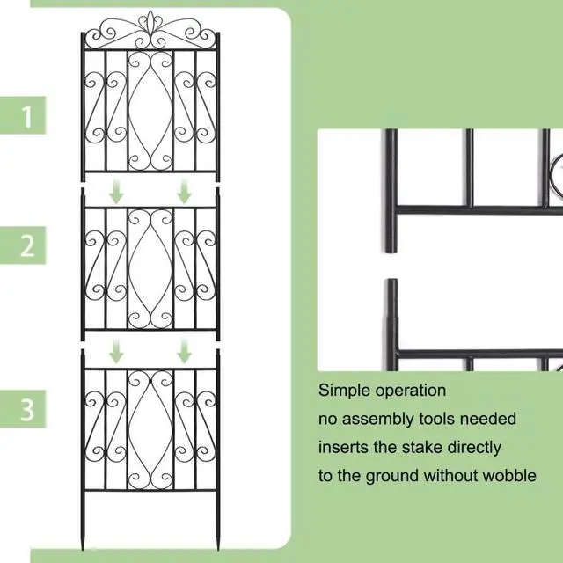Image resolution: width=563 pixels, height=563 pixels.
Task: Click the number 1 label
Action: (28, 116)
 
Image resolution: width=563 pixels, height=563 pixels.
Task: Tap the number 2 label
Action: (28, 246)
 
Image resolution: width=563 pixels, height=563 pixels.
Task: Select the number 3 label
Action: (28, 408)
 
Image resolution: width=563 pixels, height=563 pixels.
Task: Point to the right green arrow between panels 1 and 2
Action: (184, 192)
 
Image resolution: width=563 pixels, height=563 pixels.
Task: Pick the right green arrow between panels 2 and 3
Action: (184, 353)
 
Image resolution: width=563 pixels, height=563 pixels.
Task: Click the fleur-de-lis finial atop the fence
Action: (150, 21)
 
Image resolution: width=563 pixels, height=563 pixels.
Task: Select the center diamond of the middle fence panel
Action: (150, 265)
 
